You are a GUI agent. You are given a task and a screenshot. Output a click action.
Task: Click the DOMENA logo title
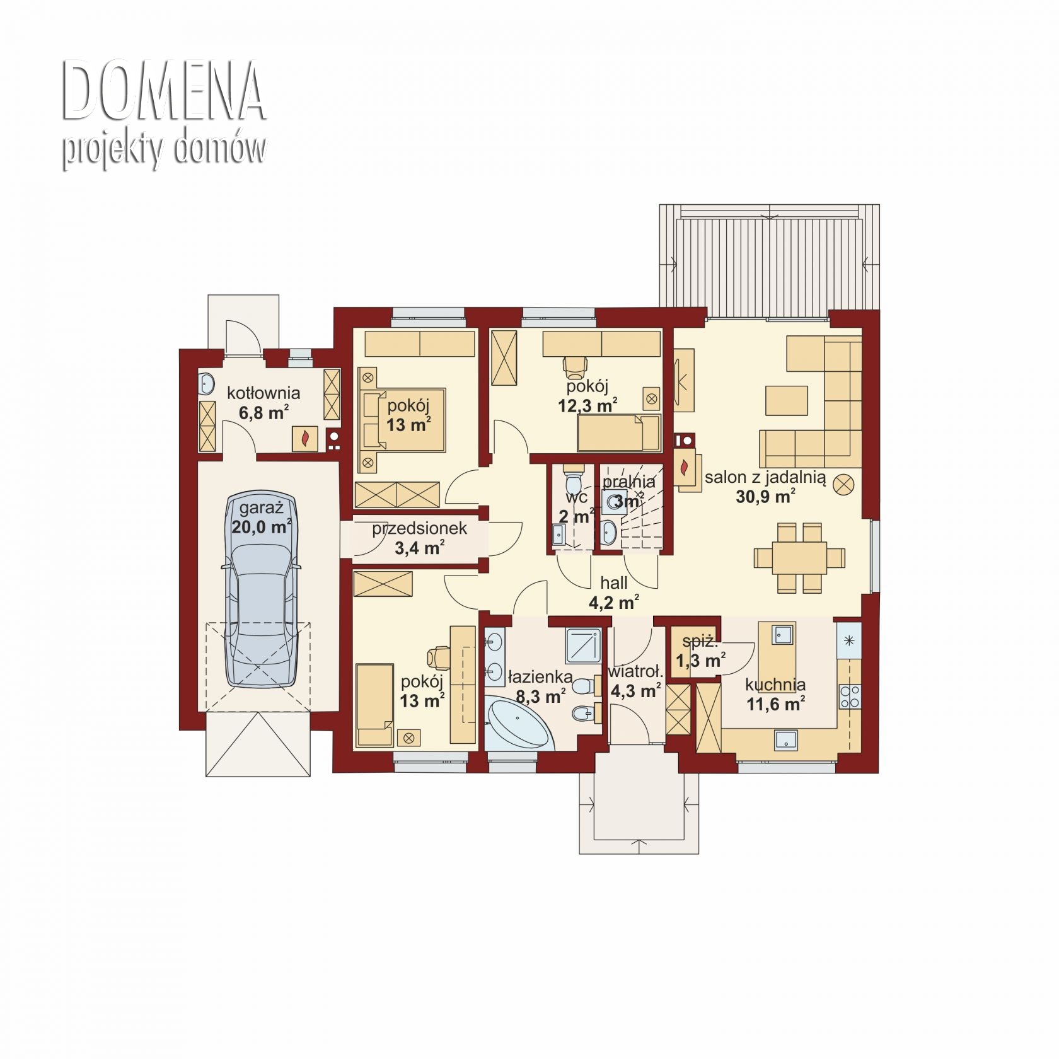click(163, 91)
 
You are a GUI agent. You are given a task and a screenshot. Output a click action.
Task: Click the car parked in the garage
click(261, 589)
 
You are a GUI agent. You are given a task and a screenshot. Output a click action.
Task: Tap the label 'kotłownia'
click(263, 393)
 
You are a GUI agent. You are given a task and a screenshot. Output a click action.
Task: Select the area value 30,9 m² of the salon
click(765, 497)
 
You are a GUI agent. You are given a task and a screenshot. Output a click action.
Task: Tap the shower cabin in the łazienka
click(584, 645)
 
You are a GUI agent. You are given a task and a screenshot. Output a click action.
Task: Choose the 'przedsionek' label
click(419, 528)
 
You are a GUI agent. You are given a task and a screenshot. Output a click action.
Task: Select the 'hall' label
click(613, 583)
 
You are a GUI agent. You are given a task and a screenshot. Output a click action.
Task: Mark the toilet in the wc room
click(573, 480)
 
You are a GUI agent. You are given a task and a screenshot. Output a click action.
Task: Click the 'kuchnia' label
click(775, 685)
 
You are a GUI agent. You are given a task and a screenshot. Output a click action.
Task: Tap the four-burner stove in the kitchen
click(850, 696)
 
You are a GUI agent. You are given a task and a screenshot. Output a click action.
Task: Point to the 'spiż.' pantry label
click(700, 642)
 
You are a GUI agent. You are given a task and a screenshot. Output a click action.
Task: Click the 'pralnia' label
click(628, 482)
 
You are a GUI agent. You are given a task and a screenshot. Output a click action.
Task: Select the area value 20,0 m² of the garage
click(261, 526)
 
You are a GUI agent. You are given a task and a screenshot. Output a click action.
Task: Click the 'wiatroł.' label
click(635, 672)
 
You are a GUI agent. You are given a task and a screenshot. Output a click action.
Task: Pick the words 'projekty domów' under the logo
click(164, 150)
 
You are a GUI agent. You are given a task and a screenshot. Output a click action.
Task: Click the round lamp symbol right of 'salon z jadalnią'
click(844, 485)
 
